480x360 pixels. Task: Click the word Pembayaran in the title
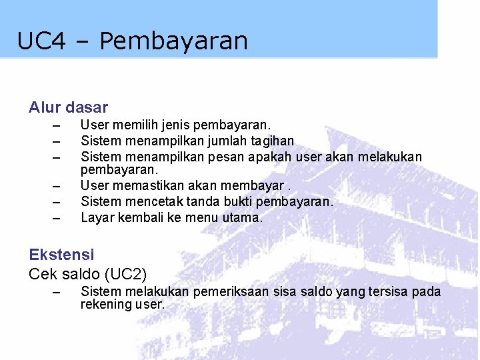pyautogui.click(x=173, y=41)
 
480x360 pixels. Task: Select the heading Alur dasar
pyautogui.click(x=68, y=107)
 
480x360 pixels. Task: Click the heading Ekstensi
pyautogui.click(x=61, y=254)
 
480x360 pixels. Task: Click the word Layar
pyautogui.click(x=97, y=217)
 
